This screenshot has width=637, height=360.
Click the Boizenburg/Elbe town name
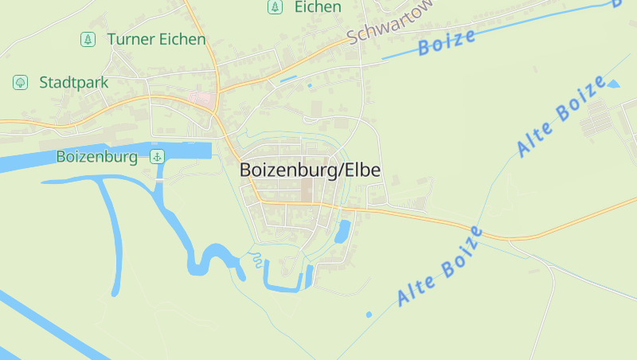310,170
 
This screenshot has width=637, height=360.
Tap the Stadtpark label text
73,82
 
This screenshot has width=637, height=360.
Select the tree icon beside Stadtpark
19,82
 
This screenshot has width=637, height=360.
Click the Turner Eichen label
155,39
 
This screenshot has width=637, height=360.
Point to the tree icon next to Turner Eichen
88,39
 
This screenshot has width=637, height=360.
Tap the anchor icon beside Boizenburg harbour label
157,157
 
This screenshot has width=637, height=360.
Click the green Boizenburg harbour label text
97,157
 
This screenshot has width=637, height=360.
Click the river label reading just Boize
447,41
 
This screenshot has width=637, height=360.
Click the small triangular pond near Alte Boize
612,84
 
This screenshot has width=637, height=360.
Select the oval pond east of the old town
343,231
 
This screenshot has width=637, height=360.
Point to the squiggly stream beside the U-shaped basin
256,259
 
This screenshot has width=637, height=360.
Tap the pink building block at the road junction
202,100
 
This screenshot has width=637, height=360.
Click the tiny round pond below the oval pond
369,315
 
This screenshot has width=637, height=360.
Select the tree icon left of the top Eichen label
275,7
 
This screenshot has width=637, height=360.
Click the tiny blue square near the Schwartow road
310,85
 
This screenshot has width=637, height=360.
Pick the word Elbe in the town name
361,170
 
